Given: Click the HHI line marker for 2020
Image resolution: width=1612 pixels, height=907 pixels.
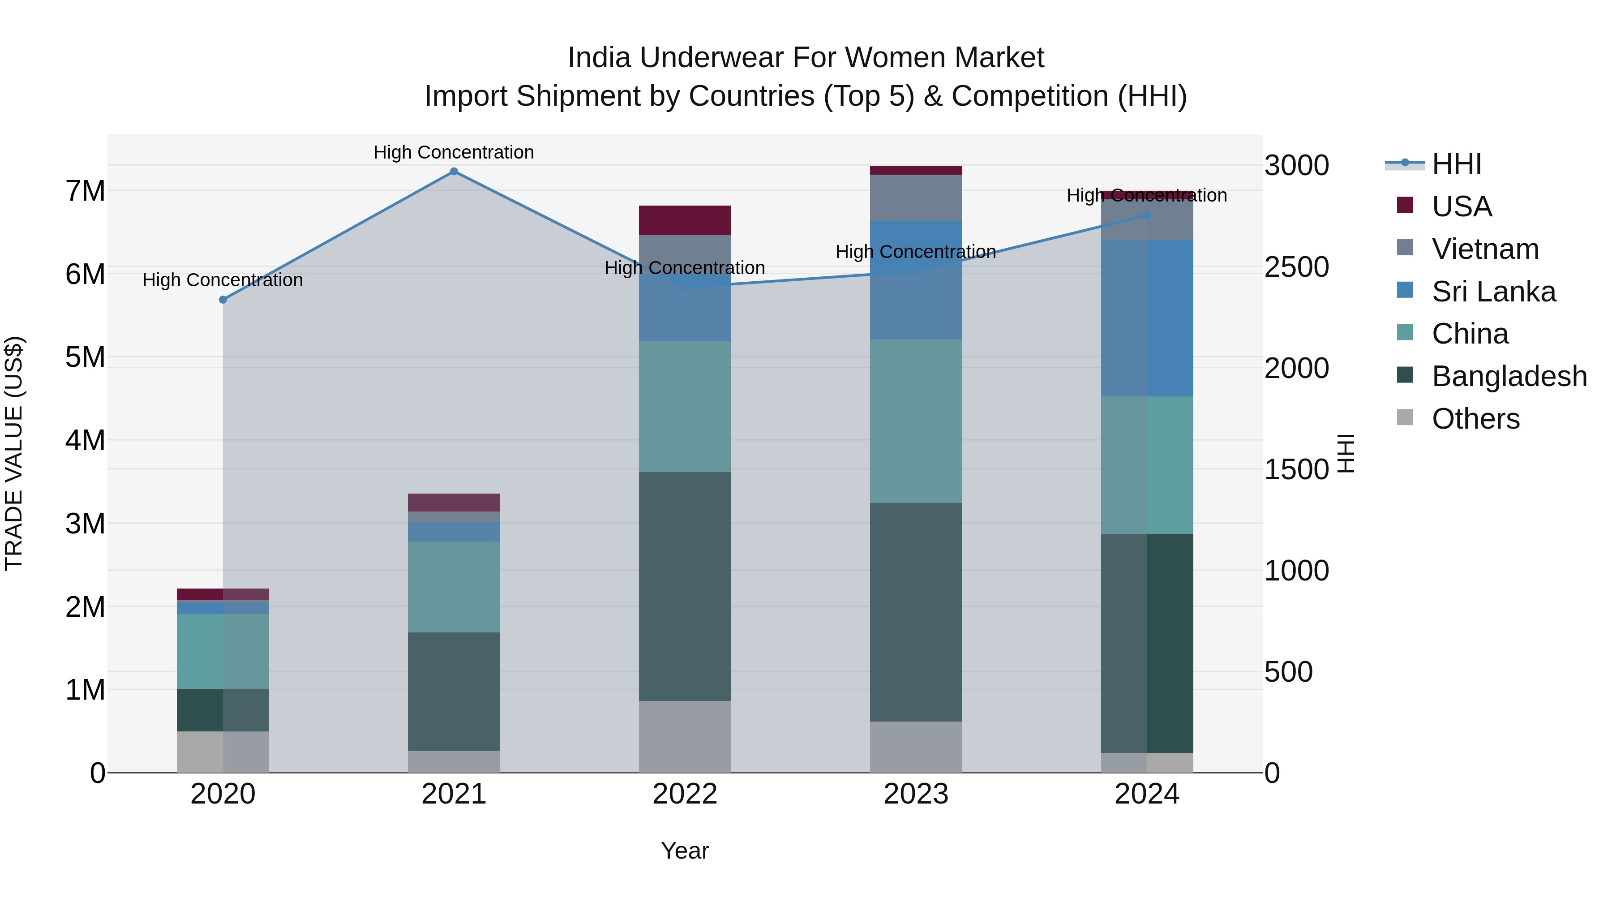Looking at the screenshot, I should (x=223, y=300).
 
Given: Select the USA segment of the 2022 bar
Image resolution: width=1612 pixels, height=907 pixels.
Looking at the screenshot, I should (x=685, y=220).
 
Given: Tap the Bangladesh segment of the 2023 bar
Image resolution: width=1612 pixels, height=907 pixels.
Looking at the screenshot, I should (x=916, y=612).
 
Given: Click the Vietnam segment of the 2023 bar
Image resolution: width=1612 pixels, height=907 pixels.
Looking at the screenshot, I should (x=916, y=198).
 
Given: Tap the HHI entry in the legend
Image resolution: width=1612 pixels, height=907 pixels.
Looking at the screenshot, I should (x=1456, y=164).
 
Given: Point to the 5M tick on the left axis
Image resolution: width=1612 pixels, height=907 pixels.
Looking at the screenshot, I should (x=86, y=357).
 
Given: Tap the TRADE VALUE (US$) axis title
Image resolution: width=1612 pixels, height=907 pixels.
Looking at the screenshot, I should (x=14, y=453).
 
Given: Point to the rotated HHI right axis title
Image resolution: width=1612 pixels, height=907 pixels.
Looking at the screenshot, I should (x=1346, y=453).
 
